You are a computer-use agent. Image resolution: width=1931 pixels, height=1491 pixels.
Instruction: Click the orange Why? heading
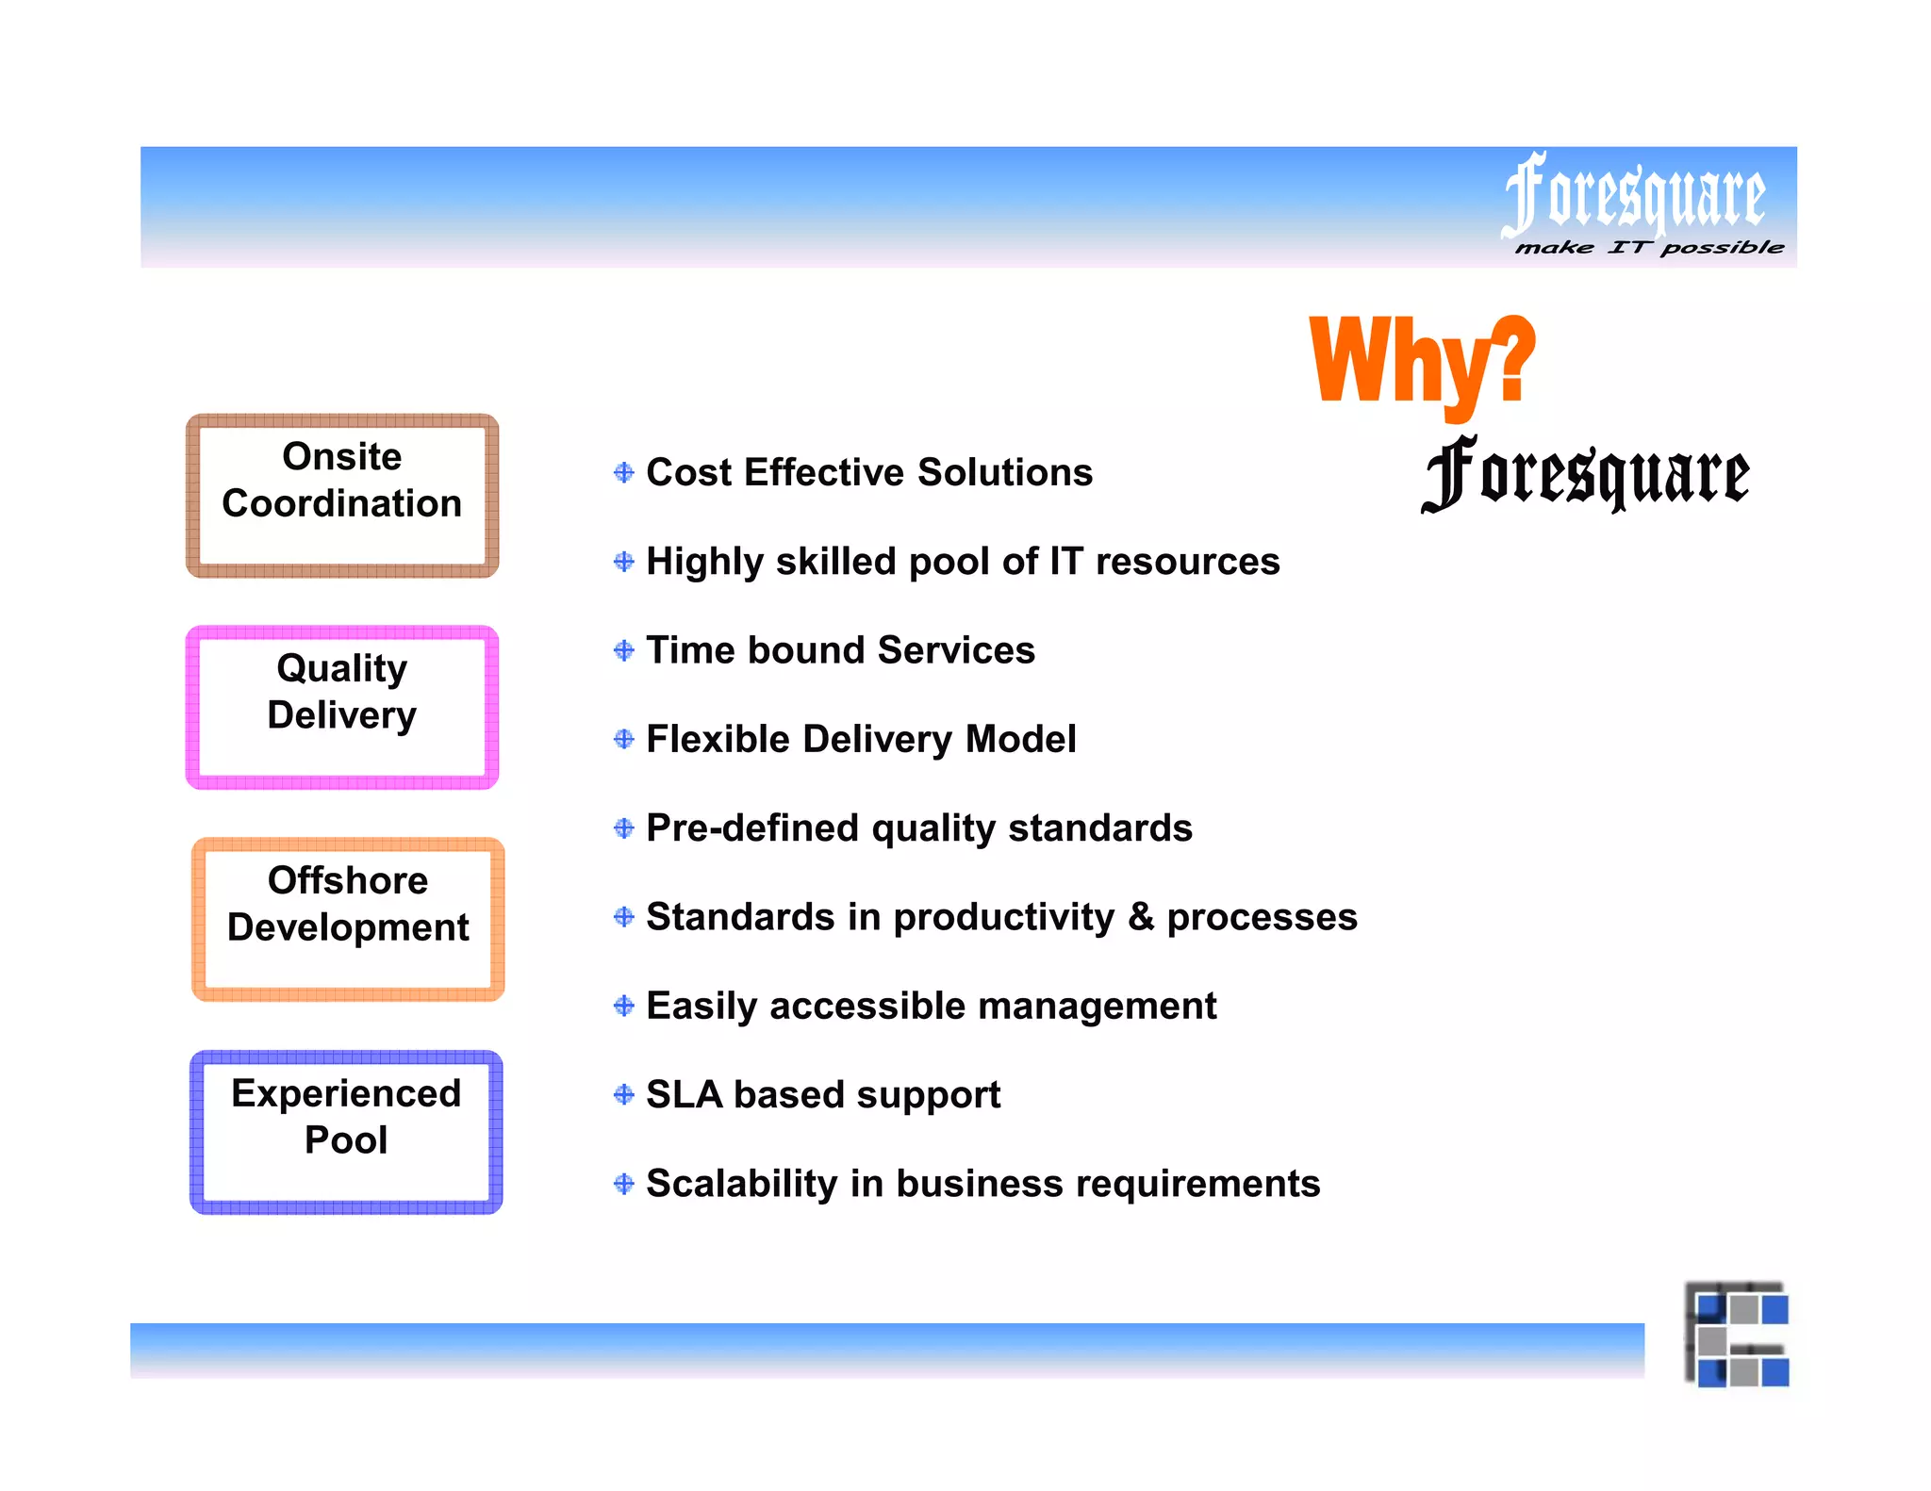(1422, 363)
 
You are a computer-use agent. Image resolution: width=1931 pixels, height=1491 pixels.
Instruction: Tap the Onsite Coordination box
(342, 496)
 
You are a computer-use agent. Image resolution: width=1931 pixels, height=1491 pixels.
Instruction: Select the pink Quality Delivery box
(342, 708)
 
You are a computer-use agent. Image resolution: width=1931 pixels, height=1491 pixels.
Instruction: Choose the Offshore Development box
(348, 920)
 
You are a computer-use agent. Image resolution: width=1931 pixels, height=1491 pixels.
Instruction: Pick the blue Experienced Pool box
(346, 1132)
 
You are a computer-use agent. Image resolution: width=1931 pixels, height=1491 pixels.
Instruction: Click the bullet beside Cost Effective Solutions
(623, 472)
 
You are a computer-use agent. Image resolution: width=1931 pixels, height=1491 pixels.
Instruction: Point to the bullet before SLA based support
(623, 1094)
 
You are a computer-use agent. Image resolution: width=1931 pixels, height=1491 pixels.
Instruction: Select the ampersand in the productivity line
(1141, 917)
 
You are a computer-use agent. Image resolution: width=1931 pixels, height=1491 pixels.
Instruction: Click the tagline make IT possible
(1649, 248)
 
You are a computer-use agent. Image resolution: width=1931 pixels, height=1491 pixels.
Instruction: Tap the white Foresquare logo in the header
(1633, 195)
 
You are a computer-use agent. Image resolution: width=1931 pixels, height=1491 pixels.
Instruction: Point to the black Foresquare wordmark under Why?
(1585, 474)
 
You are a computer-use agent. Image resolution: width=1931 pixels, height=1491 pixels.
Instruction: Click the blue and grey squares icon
(1737, 1335)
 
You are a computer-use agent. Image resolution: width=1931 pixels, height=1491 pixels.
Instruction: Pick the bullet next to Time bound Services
(623, 650)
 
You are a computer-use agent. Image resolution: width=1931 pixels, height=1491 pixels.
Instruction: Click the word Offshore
(348, 880)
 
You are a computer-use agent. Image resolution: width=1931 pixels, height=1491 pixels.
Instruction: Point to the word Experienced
(346, 1093)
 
